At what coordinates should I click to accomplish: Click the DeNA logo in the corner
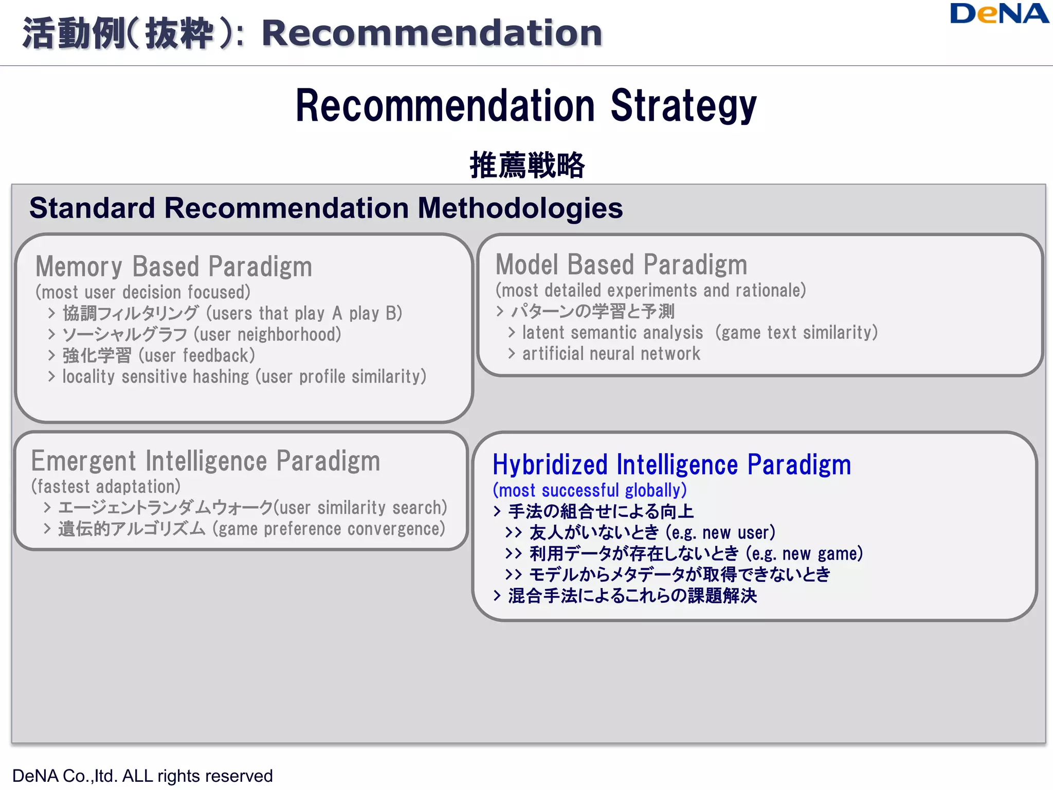998,14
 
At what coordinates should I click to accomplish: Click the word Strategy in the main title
683,106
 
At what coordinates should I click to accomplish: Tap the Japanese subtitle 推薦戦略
527,165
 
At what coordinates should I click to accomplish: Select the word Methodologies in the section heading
520,208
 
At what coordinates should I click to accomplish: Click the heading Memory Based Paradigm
174,266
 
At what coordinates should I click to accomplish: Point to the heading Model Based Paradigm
621,265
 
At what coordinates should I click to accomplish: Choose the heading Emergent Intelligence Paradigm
206,461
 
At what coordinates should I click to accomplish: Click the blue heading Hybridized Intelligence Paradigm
671,465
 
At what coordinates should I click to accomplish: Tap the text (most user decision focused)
143,292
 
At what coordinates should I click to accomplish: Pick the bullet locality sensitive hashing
155,376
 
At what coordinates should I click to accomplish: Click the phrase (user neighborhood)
267,335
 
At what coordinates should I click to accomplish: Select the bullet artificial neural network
611,354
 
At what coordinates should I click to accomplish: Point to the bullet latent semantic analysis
612,333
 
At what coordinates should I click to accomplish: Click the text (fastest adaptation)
106,487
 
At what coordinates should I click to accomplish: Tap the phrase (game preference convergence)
329,529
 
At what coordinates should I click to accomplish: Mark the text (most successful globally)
590,491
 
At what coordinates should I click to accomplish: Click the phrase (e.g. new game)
804,554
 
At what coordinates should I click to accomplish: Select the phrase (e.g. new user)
720,533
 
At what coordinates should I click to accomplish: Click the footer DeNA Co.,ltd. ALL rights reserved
142,776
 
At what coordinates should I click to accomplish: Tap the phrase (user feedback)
197,356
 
